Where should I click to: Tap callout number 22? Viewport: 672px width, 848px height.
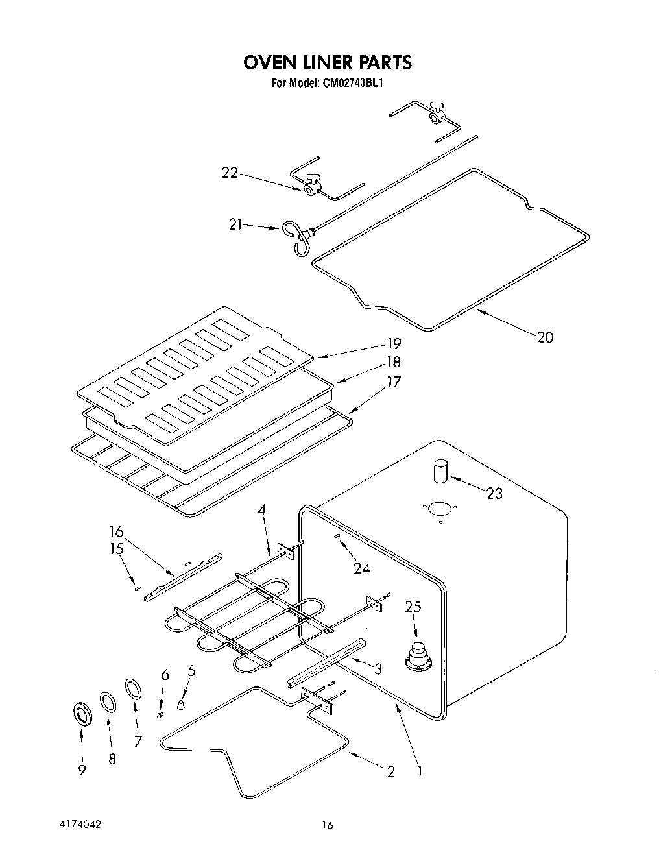[x=230, y=173]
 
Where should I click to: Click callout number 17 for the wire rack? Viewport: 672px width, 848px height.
[x=394, y=382]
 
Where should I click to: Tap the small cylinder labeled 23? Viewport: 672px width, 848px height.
[x=441, y=470]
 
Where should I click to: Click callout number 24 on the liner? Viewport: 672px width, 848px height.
[x=361, y=568]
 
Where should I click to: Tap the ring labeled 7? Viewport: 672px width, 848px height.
[x=132, y=689]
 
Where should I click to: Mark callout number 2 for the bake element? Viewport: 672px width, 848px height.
[x=390, y=771]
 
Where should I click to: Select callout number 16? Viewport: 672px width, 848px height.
[x=116, y=532]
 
